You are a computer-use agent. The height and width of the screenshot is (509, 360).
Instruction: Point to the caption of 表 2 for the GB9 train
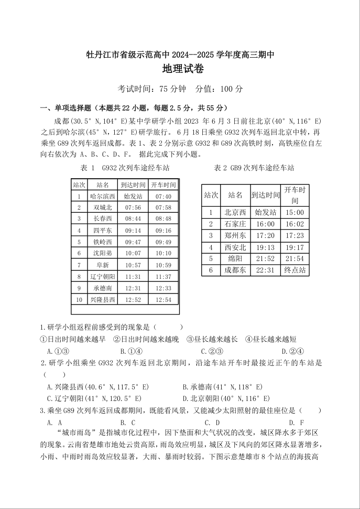(x=254, y=168)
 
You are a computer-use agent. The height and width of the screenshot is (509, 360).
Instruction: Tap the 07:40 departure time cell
(x=163, y=197)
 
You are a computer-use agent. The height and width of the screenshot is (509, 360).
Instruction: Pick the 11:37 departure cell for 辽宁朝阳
(x=163, y=276)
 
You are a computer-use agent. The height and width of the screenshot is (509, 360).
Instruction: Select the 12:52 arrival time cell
(x=133, y=299)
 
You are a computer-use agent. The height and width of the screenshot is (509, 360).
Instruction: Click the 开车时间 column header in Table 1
(x=163, y=185)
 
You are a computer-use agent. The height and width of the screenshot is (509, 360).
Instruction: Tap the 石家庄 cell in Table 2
(x=235, y=224)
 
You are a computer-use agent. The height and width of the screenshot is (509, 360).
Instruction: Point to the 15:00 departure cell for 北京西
(x=295, y=212)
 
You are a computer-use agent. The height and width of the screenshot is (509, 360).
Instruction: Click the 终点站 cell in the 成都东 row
(x=295, y=270)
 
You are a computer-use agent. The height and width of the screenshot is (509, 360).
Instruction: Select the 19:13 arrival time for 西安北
(x=265, y=247)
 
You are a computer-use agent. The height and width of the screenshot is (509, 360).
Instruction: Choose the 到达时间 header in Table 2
(x=265, y=195)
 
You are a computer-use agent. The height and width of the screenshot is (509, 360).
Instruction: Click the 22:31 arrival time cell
(x=265, y=270)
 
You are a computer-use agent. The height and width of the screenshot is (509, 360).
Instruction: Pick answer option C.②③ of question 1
(x=212, y=351)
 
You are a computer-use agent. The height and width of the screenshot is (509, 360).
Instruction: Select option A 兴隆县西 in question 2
(x=98, y=387)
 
